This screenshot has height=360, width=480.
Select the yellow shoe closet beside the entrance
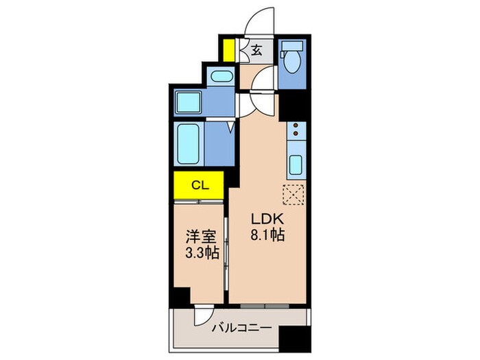[x=228, y=51]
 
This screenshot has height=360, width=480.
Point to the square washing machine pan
[x=187, y=103]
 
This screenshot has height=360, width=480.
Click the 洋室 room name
[x=201, y=237]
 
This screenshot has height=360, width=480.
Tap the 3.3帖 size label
[x=201, y=253]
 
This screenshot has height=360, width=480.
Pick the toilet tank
[x=291, y=47]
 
